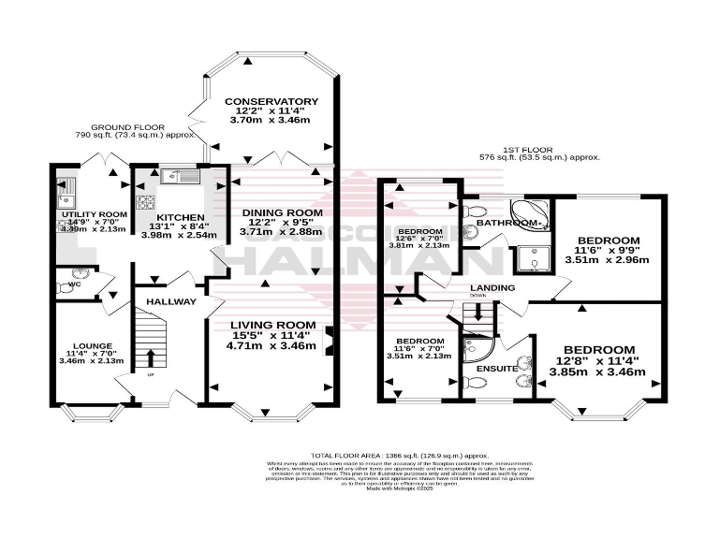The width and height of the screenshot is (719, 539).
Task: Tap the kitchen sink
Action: point(178,175)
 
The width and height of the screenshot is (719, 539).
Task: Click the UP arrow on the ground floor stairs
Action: point(150,358)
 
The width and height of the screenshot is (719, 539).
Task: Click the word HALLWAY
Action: point(171,301)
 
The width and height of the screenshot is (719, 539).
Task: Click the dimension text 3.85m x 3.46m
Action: point(605,371)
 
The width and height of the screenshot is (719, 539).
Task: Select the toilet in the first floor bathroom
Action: point(472,210)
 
